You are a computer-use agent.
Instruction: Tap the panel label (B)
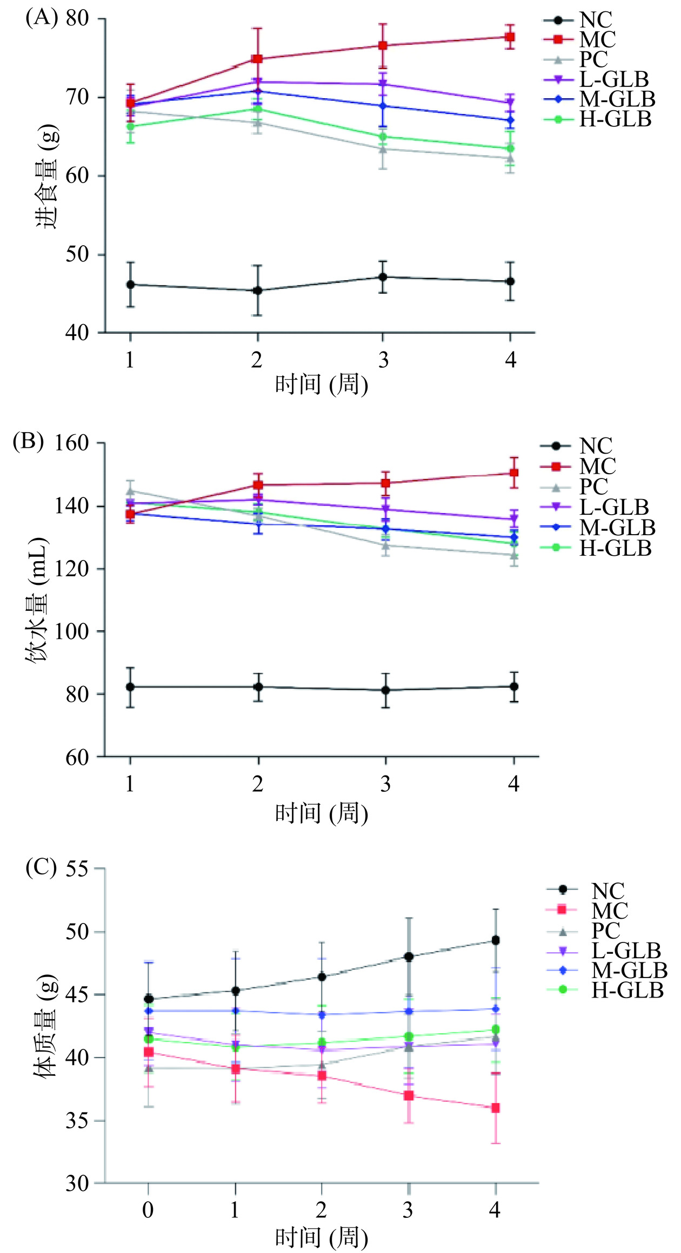point(28,441)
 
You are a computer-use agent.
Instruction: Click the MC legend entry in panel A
point(597,39)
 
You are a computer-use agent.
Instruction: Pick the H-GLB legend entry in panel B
point(615,548)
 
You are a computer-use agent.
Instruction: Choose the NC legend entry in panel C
point(608,891)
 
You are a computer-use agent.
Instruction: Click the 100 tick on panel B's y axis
point(70,631)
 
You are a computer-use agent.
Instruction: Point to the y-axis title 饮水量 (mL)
point(38,599)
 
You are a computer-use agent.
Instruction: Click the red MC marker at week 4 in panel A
point(509,37)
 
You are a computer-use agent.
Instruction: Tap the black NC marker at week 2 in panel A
point(258,291)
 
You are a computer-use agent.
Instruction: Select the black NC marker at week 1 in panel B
point(130,686)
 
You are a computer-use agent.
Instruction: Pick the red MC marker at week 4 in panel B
point(514,473)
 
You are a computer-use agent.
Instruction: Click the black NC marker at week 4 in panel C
point(495,940)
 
